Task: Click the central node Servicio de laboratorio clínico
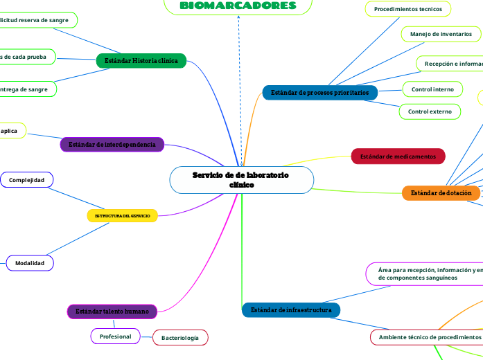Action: pyautogui.click(x=241, y=180)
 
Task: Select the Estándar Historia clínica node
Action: pyautogui.click(x=141, y=61)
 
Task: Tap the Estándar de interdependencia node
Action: pyautogui.click(x=112, y=144)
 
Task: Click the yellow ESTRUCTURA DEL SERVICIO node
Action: pyautogui.click(x=122, y=216)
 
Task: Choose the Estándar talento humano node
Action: pyautogui.click(x=112, y=312)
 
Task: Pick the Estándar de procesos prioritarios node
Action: pyautogui.click(x=319, y=92)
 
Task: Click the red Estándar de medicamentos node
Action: pyautogui.click(x=398, y=156)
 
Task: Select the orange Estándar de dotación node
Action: pyautogui.click(x=441, y=193)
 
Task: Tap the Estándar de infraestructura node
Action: pyautogui.click(x=291, y=310)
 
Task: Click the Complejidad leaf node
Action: pyautogui.click(x=26, y=180)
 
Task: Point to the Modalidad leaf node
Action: pyautogui.click(x=30, y=263)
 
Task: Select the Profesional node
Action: pyautogui.click(x=116, y=336)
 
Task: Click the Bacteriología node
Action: pyautogui.click(x=180, y=338)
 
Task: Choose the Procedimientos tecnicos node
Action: pyautogui.click(x=408, y=9)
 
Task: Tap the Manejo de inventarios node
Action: pyautogui.click(x=441, y=33)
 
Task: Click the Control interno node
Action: pyautogui.click(x=432, y=89)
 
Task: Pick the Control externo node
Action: pyautogui.click(x=430, y=111)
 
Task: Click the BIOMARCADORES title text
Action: pyautogui.click(x=238, y=6)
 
